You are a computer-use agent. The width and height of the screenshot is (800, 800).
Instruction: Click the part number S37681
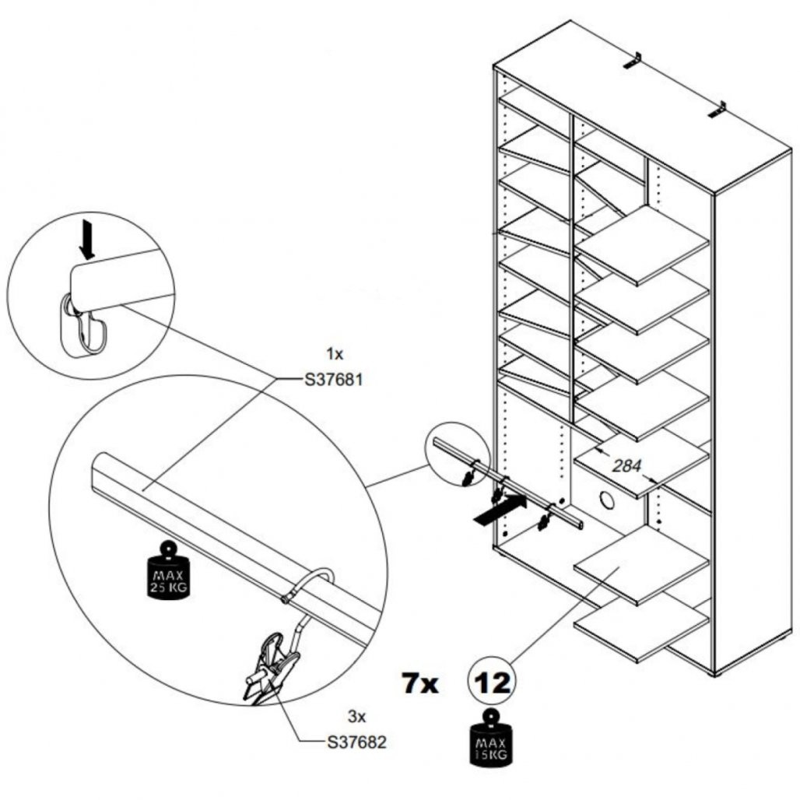pyautogui.click(x=334, y=380)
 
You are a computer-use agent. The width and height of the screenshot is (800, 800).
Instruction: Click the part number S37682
pyautogui.click(x=356, y=742)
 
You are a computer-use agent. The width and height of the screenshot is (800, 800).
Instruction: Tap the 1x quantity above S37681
pyautogui.click(x=335, y=353)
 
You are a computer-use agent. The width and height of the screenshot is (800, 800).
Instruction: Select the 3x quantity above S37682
pyautogui.click(x=356, y=716)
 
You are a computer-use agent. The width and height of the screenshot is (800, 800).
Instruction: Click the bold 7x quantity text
pyautogui.click(x=420, y=683)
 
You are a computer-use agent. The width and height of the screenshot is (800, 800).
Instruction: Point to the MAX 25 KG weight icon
pyautogui.click(x=168, y=570)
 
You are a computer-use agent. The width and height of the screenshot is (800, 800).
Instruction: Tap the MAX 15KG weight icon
pyautogui.click(x=491, y=738)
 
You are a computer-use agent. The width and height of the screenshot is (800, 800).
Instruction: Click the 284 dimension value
pyautogui.click(x=626, y=466)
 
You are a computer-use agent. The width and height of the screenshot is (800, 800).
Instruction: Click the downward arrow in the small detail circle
pyautogui.click(x=87, y=239)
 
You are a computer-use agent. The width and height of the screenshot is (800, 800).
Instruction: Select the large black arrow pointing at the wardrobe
pyautogui.click(x=500, y=509)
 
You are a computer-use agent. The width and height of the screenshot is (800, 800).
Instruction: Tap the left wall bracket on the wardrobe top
pyautogui.click(x=633, y=61)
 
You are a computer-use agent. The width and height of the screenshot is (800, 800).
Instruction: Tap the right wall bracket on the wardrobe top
pyautogui.click(x=718, y=109)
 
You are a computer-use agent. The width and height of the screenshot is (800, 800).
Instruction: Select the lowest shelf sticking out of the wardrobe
pyautogui.click(x=641, y=630)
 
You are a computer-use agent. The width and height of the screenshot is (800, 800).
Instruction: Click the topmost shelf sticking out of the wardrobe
pyautogui.click(x=642, y=245)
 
